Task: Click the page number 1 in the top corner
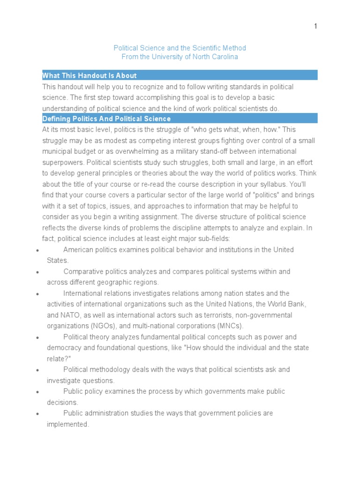(315, 26)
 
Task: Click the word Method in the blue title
(234, 48)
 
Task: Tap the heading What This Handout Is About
(90, 75)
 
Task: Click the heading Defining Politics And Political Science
(106, 119)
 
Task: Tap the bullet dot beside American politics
(37, 250)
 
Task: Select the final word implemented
(67, 424)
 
